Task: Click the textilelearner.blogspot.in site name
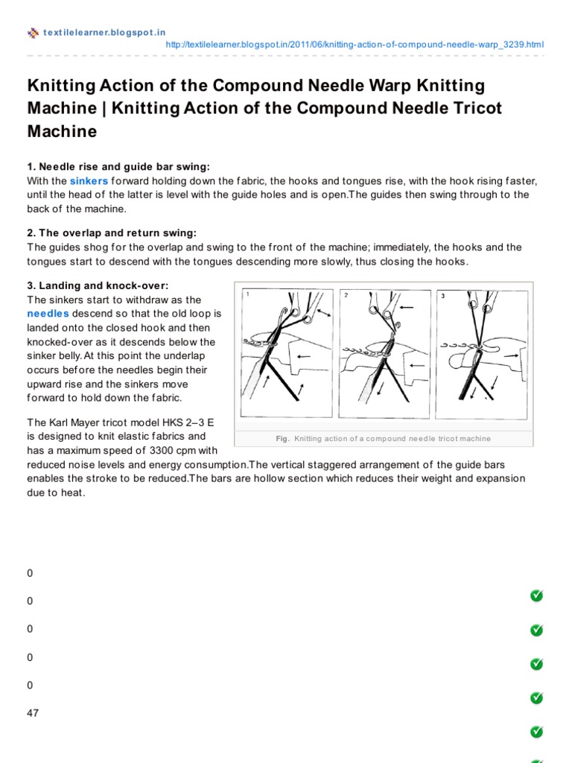point(104,32)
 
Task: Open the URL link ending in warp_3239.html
point(354,45)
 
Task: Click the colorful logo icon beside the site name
point(33,32)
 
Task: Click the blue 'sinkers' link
point(89,181)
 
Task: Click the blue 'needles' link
point(48,314)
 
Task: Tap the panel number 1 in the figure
point(247,295)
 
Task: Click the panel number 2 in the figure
point(346,295)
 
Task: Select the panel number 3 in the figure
point(442,296)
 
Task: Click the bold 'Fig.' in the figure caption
point(282,439)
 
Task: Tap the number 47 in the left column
point(33,713)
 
